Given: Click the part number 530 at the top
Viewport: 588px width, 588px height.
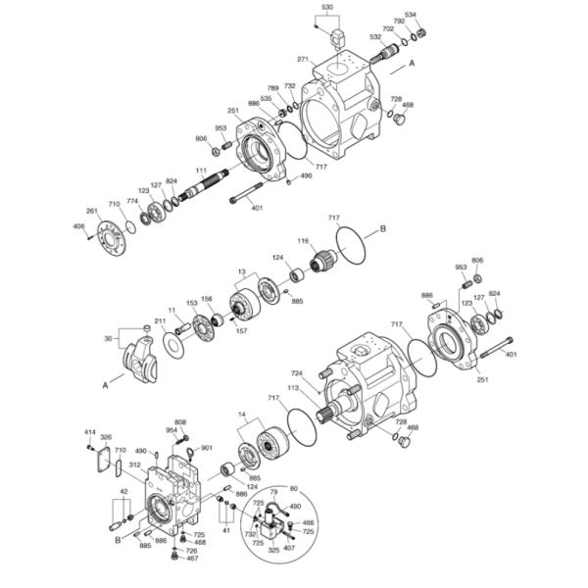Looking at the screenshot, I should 327,7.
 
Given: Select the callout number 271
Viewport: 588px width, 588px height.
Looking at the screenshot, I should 304,59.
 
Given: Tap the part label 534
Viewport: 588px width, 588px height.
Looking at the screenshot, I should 411,15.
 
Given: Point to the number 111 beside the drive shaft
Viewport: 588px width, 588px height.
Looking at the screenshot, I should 200,171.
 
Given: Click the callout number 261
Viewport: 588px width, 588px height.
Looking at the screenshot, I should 92,211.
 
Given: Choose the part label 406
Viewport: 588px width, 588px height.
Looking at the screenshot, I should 79,226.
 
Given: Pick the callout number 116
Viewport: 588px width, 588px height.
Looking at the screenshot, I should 304,241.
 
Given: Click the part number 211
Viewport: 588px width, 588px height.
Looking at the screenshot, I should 160,321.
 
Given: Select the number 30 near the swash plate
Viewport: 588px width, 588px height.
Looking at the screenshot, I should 109,338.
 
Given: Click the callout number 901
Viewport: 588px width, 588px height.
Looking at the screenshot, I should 207,448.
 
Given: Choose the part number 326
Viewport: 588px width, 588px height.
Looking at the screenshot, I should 106,437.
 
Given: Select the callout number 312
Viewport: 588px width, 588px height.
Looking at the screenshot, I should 135,465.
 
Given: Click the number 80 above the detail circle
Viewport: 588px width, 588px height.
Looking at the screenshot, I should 293,487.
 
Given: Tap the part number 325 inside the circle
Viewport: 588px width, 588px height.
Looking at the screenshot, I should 274,550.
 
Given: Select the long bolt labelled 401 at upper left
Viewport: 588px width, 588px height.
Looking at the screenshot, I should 251,200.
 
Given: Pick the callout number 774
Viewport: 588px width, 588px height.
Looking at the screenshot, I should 132,202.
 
